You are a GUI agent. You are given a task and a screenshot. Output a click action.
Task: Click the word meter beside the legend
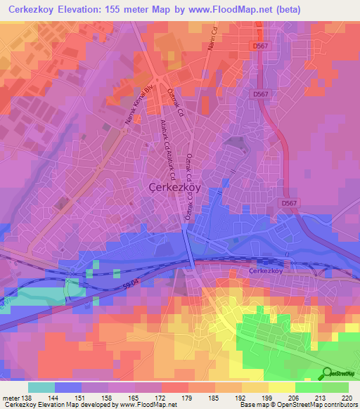tap(11, 397)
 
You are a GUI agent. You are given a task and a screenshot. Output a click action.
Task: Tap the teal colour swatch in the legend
tap(41, 387)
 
